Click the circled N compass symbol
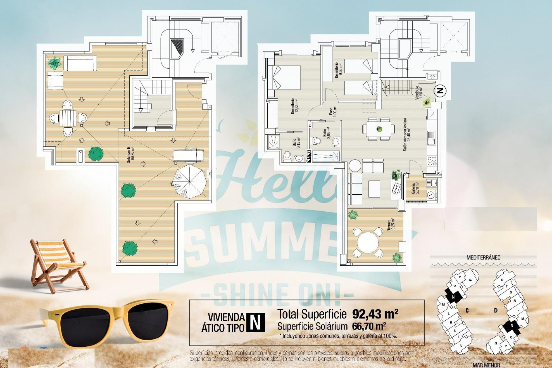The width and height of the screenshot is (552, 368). coord(440,91)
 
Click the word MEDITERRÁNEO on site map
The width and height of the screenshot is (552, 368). coord(483,258)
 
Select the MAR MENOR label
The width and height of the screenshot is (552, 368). coord(486,365)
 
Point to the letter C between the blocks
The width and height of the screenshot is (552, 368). coord(467,310)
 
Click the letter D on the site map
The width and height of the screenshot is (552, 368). coord(496,310)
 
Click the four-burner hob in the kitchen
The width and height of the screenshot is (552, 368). coord(432,161)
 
